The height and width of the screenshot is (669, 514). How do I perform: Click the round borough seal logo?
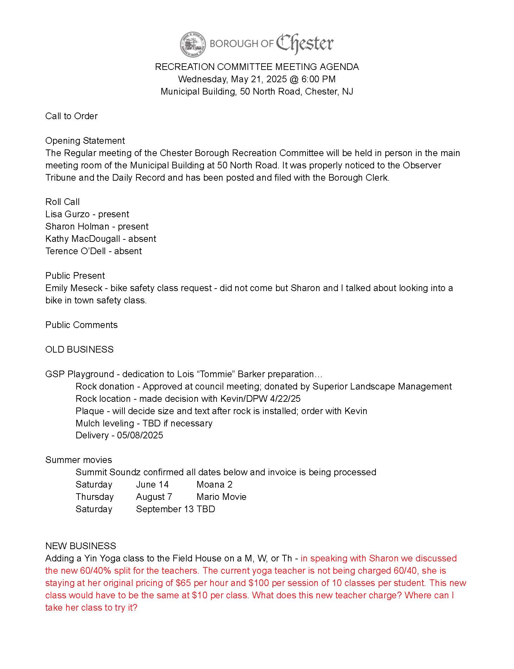coord(192,44)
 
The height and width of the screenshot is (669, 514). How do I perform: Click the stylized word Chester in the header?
coord(304,44)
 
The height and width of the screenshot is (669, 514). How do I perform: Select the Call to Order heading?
coord(71,116)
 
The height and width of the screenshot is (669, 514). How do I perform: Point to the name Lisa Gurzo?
coord(68,214)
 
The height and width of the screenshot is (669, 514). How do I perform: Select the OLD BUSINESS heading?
coord(79,349)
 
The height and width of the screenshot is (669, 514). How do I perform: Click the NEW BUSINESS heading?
coord(81,546)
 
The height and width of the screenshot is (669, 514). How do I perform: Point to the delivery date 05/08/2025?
coord(140,435)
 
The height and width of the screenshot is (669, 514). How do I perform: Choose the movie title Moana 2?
coord(214,484)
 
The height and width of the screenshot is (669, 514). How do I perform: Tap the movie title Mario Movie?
coord(221,497)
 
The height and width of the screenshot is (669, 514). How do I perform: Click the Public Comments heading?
coord(81,325)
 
